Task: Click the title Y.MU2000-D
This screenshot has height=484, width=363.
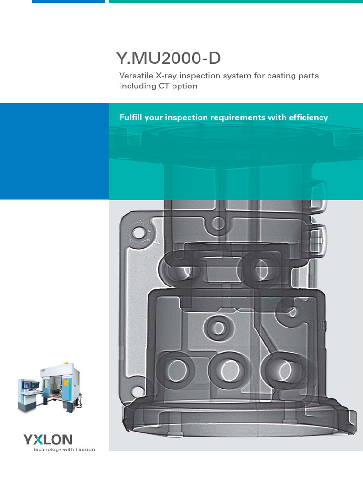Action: [168, 59]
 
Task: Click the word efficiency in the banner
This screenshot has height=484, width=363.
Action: [307, 117]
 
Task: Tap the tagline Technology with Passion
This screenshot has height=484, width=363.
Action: [63, 449]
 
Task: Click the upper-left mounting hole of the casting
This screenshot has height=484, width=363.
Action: [138, 233]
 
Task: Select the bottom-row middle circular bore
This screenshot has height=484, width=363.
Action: [229, 368]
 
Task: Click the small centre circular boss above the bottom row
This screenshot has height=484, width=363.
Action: [218, 327]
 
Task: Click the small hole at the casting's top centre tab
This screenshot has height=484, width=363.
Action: [218, 222]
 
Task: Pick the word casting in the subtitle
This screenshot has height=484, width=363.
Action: [277, 76]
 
